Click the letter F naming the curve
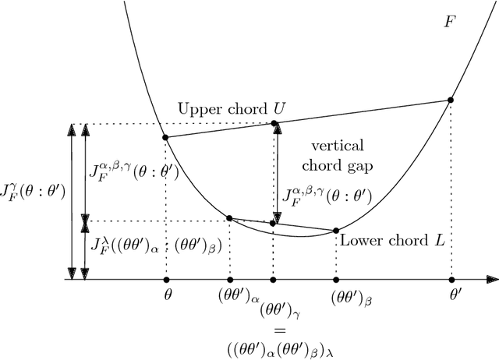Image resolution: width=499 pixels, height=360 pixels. tap(450, 22)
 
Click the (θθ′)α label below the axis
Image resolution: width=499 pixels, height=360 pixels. tap(229, 297)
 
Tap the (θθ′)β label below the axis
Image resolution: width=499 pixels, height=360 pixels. tap(337, 297)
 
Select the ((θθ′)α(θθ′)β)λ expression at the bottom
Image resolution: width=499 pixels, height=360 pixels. tap(274, 345)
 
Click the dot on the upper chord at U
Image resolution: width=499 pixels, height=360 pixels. tap(274, 123)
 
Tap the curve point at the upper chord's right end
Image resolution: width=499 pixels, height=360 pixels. tap(450, 100)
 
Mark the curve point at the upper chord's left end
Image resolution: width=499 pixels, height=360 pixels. tap(165, 137)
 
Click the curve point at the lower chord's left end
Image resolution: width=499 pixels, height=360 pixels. tap(228, 217)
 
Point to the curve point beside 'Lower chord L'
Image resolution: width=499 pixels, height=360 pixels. tap(336, 230)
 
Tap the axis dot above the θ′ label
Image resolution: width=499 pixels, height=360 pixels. tap(451, 278)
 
